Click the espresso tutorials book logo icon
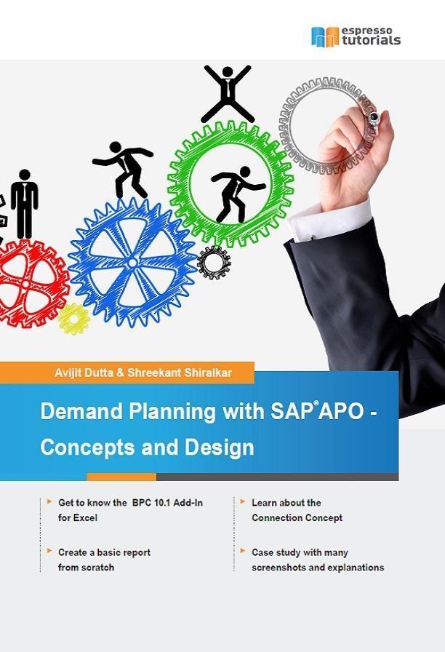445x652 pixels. click(x=325, y=37)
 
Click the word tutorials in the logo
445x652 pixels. click(x=372, y=40)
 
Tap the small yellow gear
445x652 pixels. click(x=73, y=319)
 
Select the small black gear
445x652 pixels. click(x=214, y=263)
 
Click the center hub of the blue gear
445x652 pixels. click(x=132, y=263)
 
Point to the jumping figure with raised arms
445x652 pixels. click(x=228, y=94)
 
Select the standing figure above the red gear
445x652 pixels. click(x=25, y=204)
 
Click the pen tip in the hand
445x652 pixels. click(x=374, y=118)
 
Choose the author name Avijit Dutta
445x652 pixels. click(x=84, y=373)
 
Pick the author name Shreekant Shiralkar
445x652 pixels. click(x=180, y=373)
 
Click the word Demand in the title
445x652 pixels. click(x=82, y=411)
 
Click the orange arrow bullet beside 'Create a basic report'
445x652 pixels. click(x=49, y=552)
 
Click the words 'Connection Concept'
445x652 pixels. click(x=297, y=517)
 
